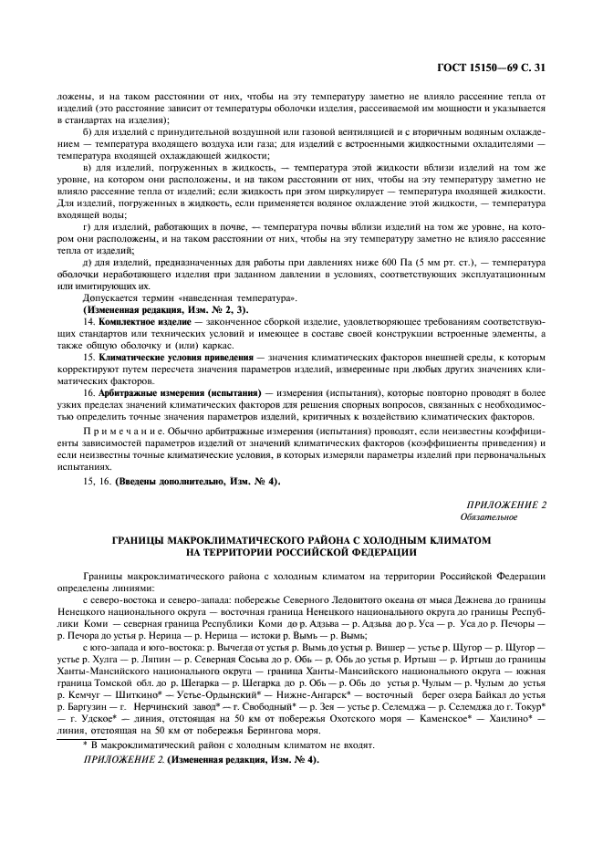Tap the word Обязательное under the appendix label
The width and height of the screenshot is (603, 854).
pos(493,517)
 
